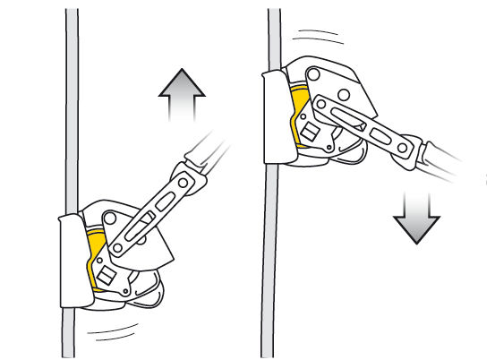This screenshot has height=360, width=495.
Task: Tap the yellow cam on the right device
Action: coord(302,111)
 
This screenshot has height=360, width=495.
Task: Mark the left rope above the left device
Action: coord(72,107)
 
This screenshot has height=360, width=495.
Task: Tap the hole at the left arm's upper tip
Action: coord(183,183)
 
